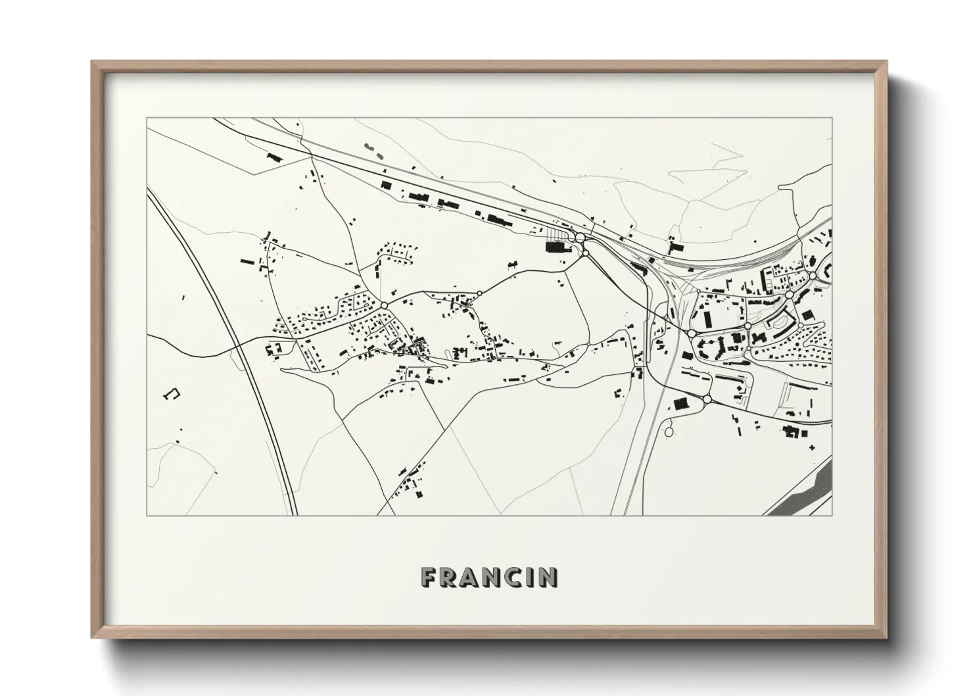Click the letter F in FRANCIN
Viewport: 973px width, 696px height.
click(428, 578)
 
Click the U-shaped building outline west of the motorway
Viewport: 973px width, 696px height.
click(172, 394)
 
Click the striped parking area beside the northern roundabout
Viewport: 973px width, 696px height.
click(559, 235)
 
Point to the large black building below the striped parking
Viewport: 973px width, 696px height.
click(556, 247)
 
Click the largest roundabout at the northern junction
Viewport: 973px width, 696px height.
click(581, 237)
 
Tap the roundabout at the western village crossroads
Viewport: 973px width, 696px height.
click(383, 305)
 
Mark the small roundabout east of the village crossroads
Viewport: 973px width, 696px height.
click(480, 293)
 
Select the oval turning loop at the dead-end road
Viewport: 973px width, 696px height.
click(669, 432)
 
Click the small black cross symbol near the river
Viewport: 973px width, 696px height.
click(812, 448)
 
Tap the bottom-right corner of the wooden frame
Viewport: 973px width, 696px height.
click(886, 639)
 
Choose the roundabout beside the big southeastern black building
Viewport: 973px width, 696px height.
click(707, 399)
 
